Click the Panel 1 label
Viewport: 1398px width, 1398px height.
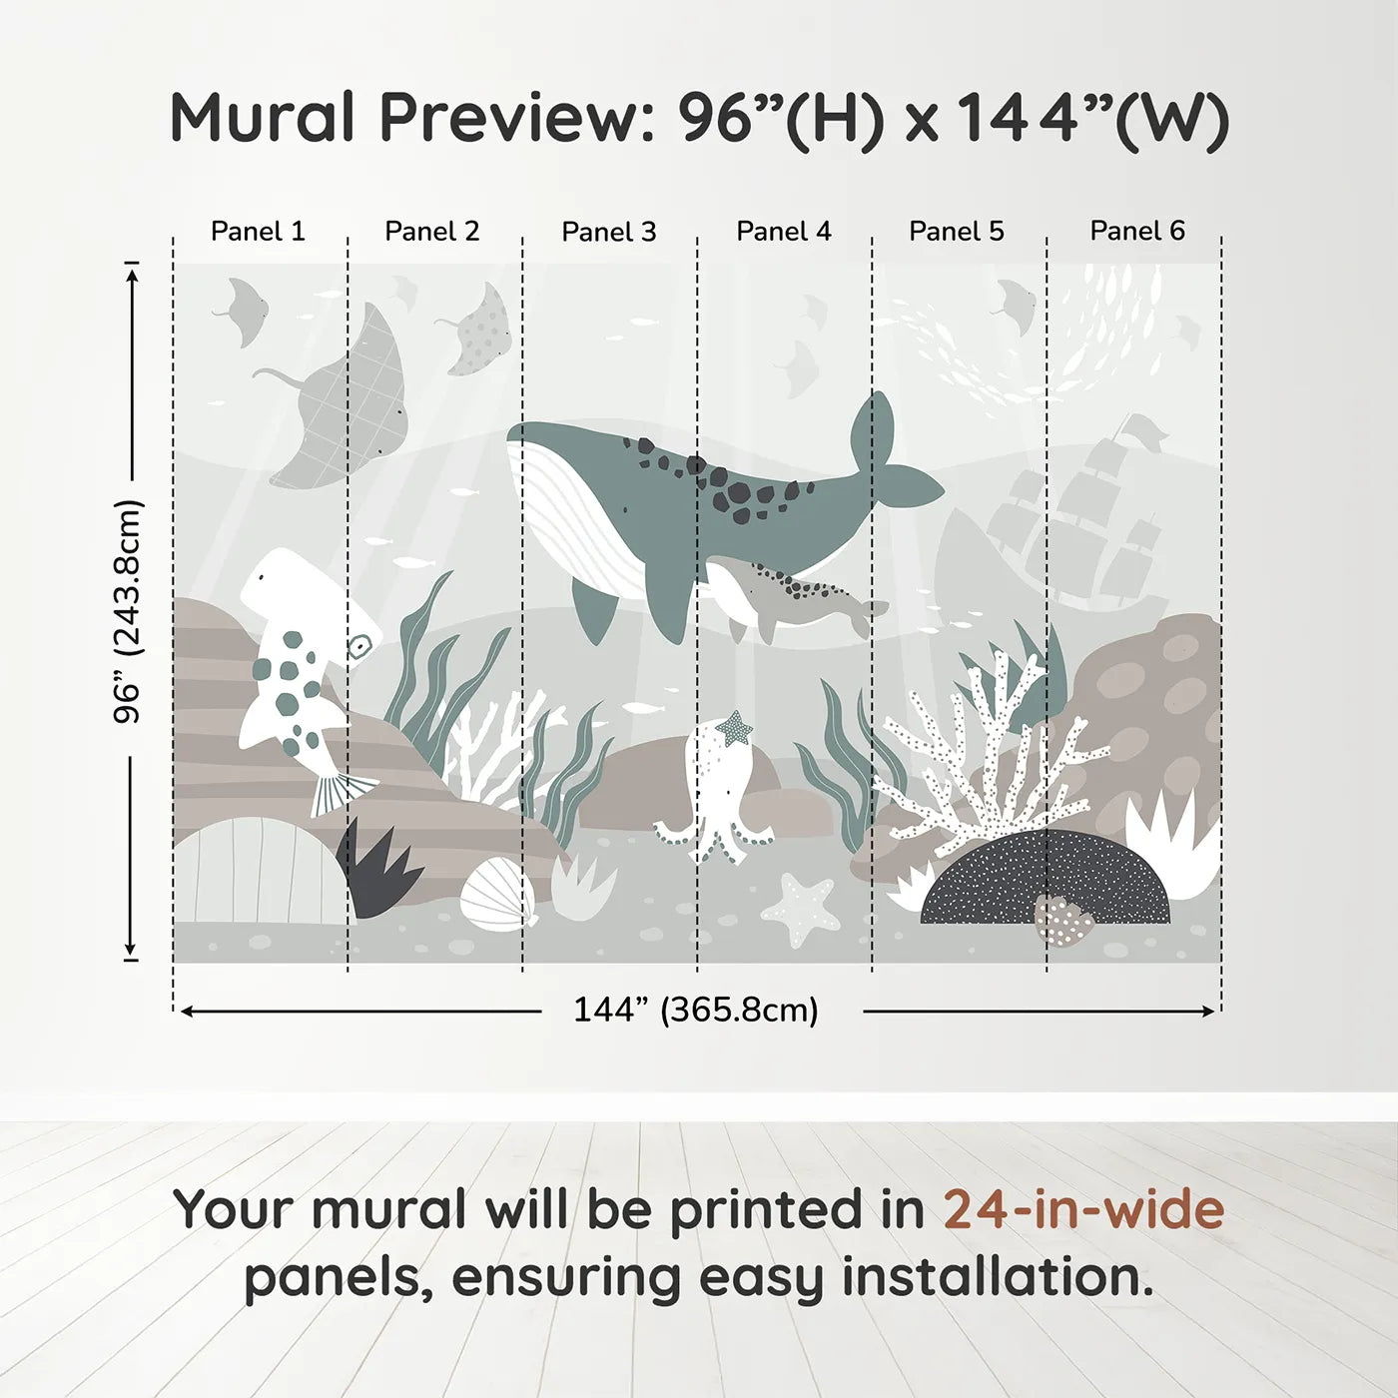point(258,232)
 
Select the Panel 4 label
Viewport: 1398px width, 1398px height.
point(784,232)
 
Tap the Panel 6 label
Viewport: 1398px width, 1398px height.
point(1136,231)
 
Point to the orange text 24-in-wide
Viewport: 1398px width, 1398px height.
point(1083,1208)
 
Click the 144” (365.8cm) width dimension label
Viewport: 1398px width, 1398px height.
point(696,1010)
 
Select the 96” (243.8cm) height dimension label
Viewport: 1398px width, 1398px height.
point(128,611)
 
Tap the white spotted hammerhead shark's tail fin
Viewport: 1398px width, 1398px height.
point(343,792)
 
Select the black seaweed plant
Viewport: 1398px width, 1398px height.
point(378,868)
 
